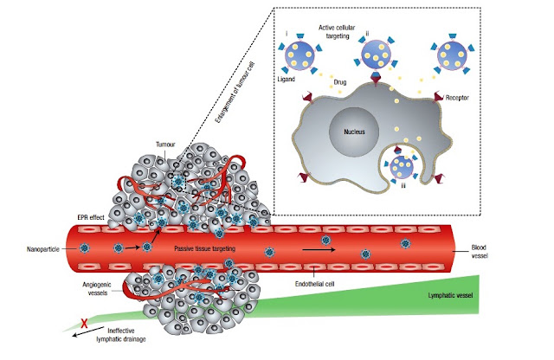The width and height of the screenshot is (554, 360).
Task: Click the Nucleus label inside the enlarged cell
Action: (354, 132)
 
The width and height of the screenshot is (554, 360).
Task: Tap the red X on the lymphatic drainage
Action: (84, 323)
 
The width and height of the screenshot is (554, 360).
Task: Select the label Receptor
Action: (457, 98)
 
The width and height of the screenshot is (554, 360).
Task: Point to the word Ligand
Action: (286, 79)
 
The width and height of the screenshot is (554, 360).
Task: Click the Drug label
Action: (340, 82)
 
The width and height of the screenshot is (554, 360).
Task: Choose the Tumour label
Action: (165, 145)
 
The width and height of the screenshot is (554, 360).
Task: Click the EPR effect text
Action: (91, 217)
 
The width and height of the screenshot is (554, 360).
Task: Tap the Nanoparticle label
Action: (42, 249)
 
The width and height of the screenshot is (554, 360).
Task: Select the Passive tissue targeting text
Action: (204, 248)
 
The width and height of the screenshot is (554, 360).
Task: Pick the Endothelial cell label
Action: (314, 284)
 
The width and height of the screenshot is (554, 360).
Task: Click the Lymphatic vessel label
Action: (450, 295)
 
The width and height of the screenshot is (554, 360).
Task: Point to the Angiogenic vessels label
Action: (97, 289)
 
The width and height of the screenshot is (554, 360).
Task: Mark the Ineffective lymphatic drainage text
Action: (121, 335)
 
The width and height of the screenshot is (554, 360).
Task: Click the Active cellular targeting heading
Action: (337, 32)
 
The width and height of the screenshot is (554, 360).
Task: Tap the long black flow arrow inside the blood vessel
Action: (319, 250)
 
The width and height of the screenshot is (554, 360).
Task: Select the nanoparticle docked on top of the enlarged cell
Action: (377, 55)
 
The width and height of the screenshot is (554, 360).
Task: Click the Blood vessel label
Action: (480, 251)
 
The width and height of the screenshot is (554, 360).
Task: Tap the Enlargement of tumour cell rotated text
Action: (235, 93)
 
